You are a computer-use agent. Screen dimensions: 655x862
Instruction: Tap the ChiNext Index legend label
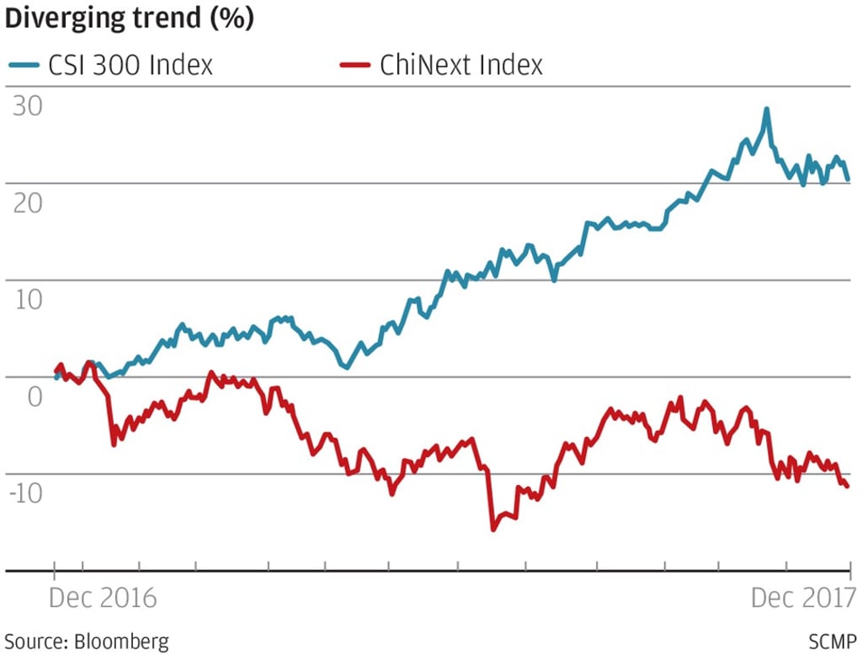click(461, 65)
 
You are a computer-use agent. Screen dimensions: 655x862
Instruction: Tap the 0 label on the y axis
click(34, 397)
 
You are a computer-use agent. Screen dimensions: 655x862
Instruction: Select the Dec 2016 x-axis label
click(103, 598)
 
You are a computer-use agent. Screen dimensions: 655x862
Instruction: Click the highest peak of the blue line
click(766, 109)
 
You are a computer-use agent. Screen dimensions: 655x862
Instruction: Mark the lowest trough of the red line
click(493, 529)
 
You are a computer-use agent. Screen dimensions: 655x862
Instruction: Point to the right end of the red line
click(847, 487)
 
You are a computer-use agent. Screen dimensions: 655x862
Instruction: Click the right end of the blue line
click(847, 178)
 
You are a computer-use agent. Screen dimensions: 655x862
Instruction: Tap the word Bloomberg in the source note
click(121, 641)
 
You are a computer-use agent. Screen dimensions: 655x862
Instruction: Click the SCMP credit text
click(833, 641)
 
